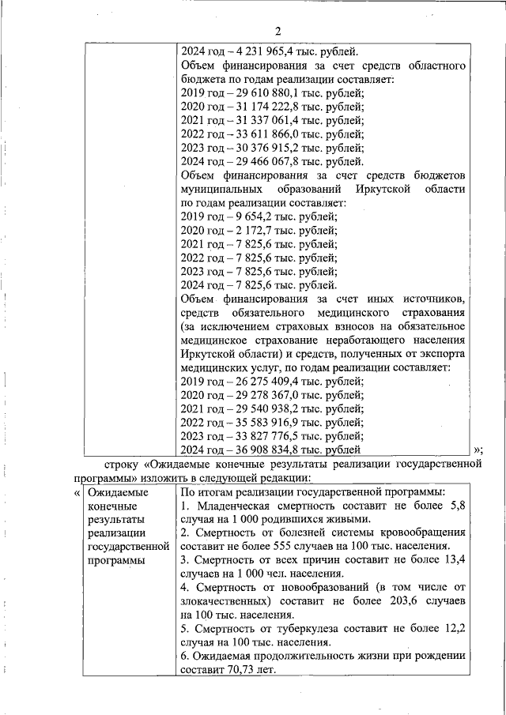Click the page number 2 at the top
click(x=278, y=31)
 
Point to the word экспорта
click(x=438, y=353)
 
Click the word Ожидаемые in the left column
click(x=114, y=491)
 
